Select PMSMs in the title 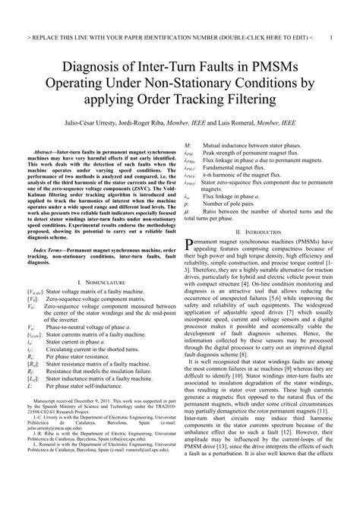(x=274, y=66)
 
